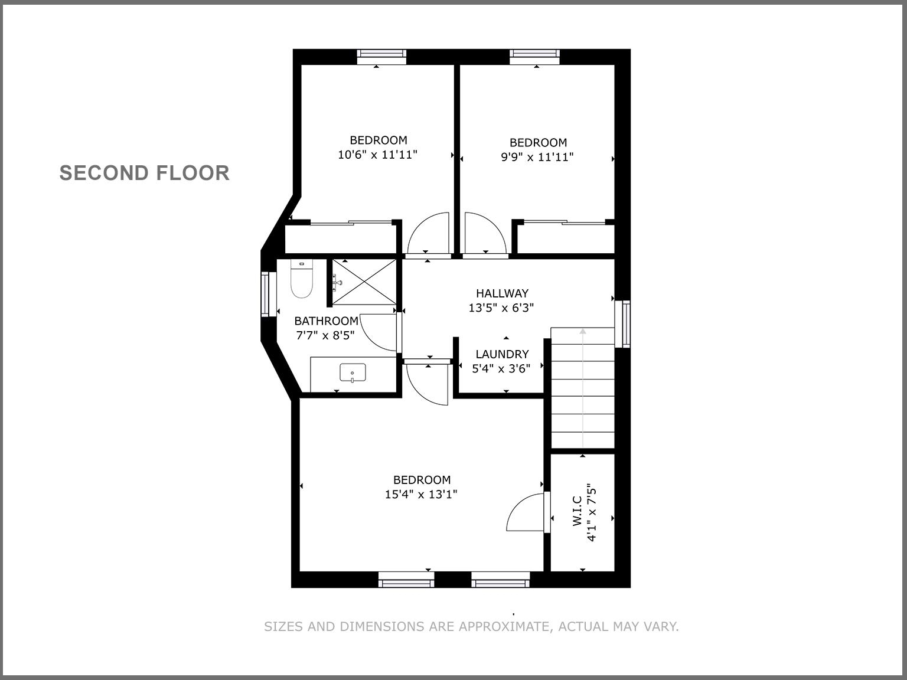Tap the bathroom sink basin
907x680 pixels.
(353, 373)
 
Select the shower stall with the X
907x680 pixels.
(364, 282)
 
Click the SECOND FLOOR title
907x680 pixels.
(145, 173)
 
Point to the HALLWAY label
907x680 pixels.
(502, 293)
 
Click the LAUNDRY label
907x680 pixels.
(502, 354)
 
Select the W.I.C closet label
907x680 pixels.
(578, 511)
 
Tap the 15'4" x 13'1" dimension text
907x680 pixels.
(421, 495)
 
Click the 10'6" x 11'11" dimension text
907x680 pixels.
(378, 155)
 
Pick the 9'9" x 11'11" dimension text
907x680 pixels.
(537, 157)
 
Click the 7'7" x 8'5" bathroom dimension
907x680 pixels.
(325, 335)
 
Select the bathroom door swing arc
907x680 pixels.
(378, 332)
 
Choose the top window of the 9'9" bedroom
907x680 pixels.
(535, 56)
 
